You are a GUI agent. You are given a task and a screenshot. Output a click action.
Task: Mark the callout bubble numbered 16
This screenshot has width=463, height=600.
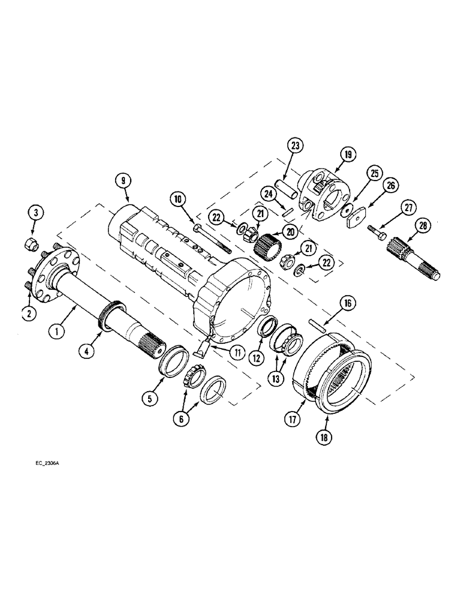click(346, 305)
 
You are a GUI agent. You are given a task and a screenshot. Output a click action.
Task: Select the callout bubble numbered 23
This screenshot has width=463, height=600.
click(296, 146)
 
